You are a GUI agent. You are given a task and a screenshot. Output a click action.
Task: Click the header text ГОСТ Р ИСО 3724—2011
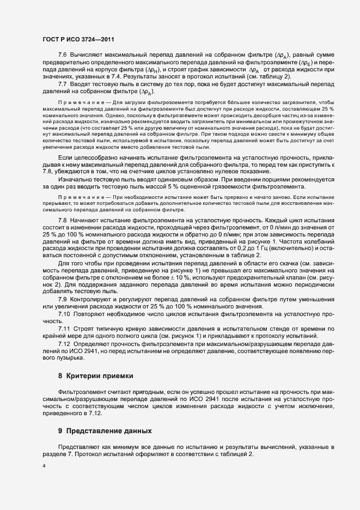coord(78,40)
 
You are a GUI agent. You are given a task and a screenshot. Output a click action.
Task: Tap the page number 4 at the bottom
coord(44,466)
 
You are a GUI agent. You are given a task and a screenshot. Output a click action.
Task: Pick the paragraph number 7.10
coord(64,315)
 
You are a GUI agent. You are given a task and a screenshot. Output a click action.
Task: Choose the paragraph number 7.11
coord(64,330)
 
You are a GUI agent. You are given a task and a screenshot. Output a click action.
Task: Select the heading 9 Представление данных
coord(105,430)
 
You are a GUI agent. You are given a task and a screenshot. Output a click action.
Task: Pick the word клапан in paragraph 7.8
coord(297,277)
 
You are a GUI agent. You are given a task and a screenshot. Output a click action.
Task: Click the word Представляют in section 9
coord(78,447)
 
